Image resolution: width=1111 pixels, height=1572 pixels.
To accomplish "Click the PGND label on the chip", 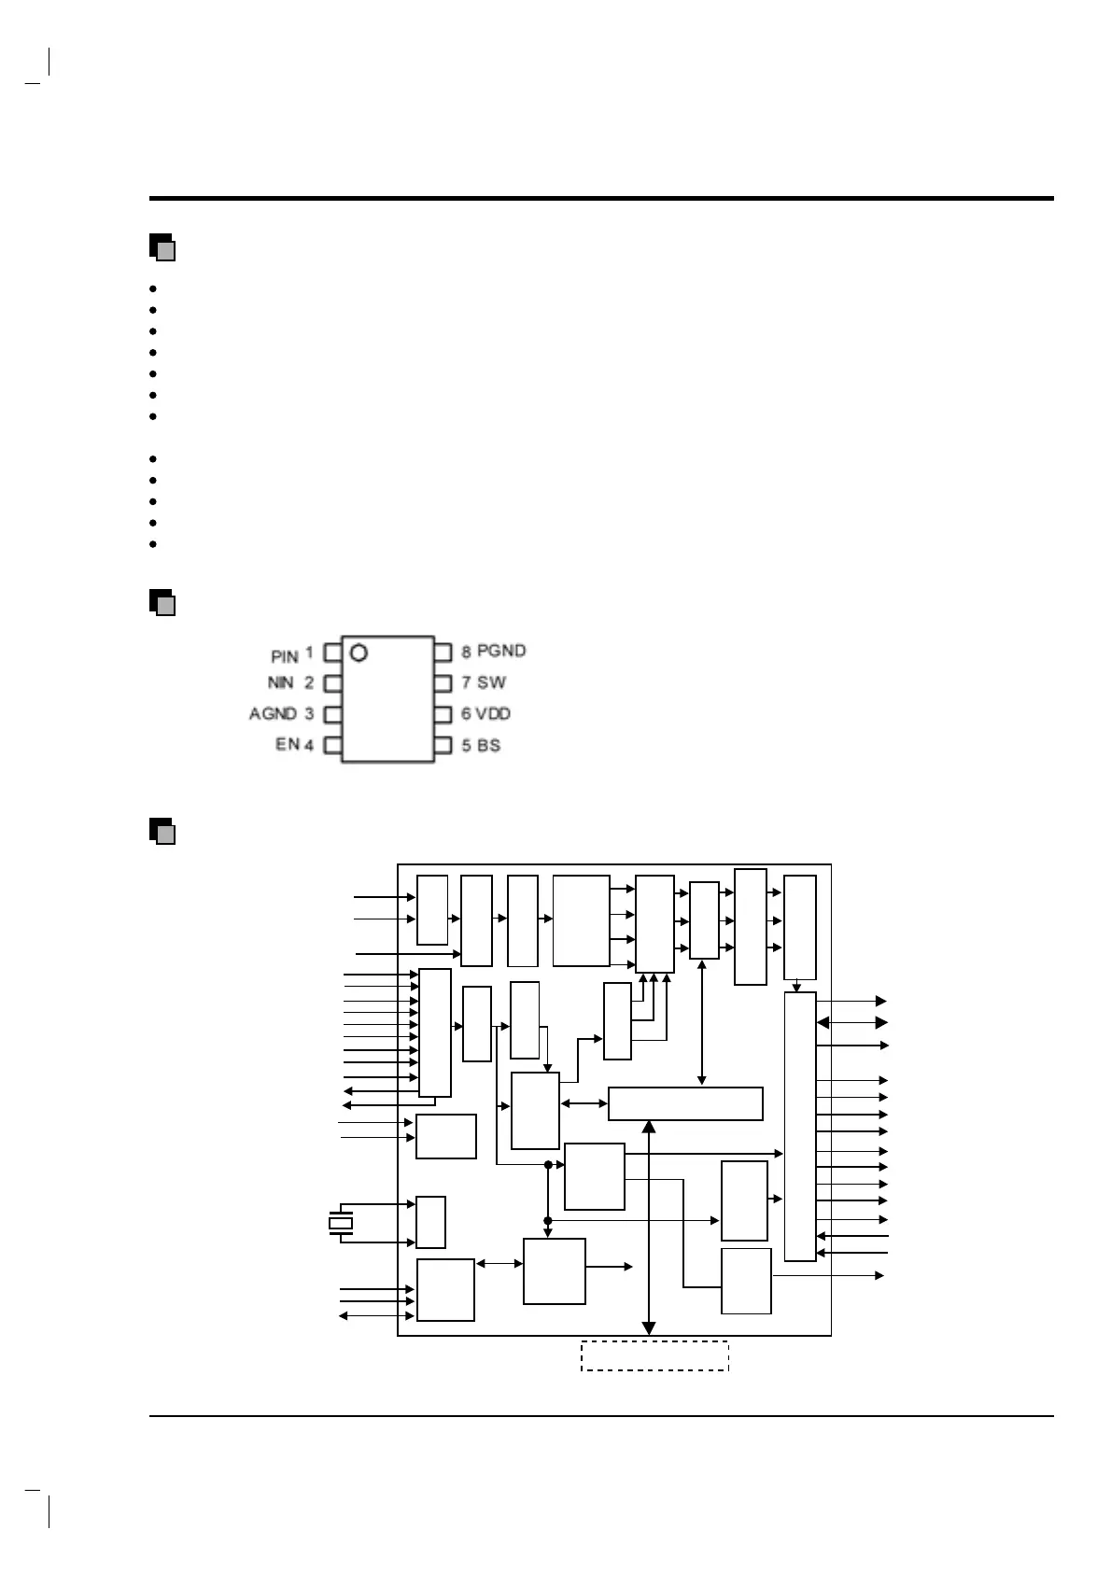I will [x=501, y=651].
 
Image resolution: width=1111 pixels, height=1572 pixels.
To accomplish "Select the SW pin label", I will [x=491, y=682].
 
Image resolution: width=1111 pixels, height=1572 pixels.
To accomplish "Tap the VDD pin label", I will [x=493, y=714].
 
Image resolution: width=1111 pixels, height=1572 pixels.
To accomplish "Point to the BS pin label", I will [x=488, y=746].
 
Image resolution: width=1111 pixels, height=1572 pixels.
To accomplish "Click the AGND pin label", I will [x=273, y=714].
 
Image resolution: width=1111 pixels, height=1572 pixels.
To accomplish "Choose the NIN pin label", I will [x=281, y=683].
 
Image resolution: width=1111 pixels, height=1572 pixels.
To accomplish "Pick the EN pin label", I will [x=287, y=745].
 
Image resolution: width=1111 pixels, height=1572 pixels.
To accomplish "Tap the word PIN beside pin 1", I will [x=284, y=657].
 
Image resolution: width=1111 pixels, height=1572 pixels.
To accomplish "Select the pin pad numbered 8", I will [x=443, y=652].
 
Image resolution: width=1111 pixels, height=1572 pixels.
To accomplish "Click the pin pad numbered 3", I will [x=332, y=715].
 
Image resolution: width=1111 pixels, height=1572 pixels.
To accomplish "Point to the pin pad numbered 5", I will [x=443, y=746].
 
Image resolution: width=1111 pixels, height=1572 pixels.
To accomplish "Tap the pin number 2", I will [x=309, y=683].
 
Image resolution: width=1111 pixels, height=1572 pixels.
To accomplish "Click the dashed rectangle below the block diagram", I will [x=654, y=1355].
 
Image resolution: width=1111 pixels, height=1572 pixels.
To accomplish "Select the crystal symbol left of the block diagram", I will [x=341, y=1223].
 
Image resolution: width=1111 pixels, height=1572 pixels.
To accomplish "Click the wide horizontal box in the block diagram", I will [x=685, y=1103].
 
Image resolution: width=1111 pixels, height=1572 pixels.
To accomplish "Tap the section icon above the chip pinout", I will [x=162, y=602].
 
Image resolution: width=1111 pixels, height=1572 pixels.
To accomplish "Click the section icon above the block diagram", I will [x=162, y=831].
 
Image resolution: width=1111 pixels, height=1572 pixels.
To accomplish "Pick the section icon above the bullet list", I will [x=162, y=246].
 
